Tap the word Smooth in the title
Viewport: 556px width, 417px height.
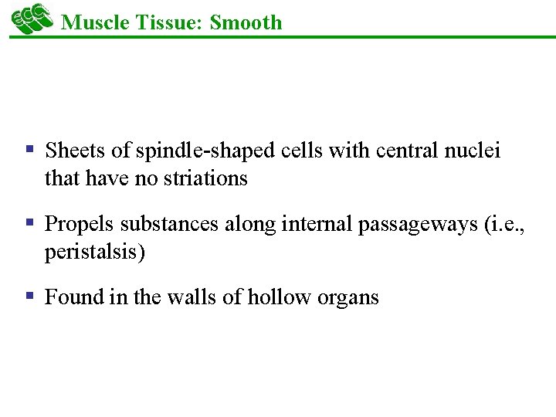pos(246,22)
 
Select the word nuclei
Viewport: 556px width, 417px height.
pos(473,151)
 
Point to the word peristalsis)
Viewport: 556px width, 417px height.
pos(94,253)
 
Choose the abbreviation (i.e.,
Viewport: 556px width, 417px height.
pos(503,225)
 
